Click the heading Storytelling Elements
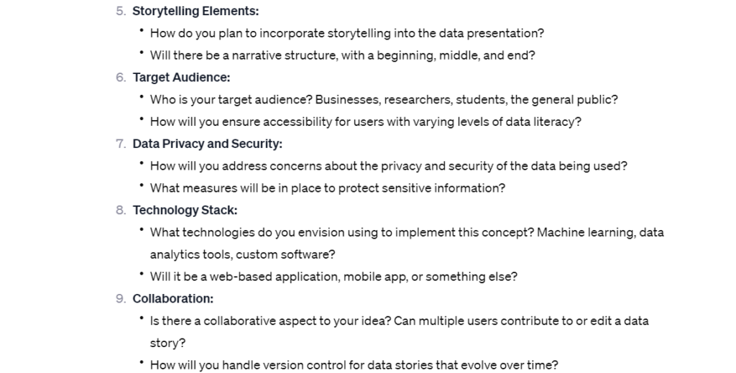195,11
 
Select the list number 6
121,78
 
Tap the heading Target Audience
181,78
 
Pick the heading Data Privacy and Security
208,144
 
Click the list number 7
121,144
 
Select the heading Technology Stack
185,210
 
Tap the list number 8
121,210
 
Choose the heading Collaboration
172,298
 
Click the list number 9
121,299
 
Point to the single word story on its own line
167,344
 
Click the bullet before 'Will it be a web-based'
142,274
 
